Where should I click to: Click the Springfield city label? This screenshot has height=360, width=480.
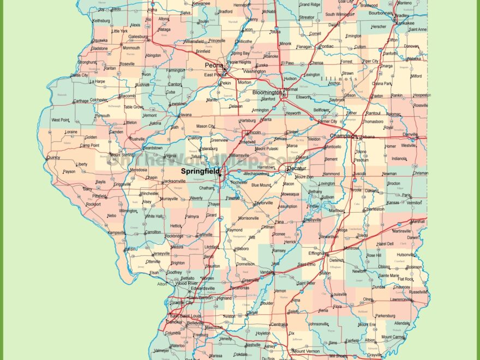(200, 171)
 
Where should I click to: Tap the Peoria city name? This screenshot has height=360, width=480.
(214, 65)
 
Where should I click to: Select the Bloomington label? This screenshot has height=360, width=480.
(267, 92)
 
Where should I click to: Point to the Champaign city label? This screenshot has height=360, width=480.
(343, 136)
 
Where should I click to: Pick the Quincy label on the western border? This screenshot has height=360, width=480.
(53, 158)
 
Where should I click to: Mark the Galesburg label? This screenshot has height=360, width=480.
(137, 37)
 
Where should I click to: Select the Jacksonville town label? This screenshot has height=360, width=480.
(174, 181)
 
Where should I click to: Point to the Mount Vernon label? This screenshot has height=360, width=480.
(306, 351)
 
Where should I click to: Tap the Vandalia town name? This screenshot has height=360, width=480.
(267, 272)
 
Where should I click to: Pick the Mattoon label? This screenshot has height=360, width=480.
(337, 210)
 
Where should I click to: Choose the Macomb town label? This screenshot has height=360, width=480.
(127, 96)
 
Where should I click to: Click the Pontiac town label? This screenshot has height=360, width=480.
(326, 46)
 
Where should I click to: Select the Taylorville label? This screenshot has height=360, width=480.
(263, 203)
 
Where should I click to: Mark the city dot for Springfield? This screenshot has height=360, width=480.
(220, 175)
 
